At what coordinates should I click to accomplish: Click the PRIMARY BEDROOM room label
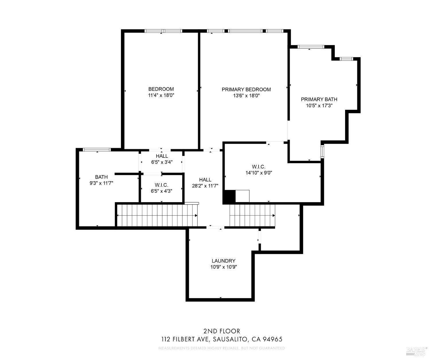click(246, 89)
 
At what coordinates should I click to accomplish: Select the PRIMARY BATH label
click(319, 100)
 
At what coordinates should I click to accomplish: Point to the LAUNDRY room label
click(223, 261)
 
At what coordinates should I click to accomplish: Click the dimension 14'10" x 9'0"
click(258, 173)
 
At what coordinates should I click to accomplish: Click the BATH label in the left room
click(101, 177)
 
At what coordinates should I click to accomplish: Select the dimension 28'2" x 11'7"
click(205, 186)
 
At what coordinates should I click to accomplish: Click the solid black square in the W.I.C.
click(229, 197)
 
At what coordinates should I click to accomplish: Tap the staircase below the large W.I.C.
click(252, 215)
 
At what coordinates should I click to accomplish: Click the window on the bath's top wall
click(97, 149)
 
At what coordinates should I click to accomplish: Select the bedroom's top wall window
click(163, 31)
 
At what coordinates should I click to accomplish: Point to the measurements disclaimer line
click(222, 348)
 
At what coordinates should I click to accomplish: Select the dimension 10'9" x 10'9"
click(223, 267)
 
